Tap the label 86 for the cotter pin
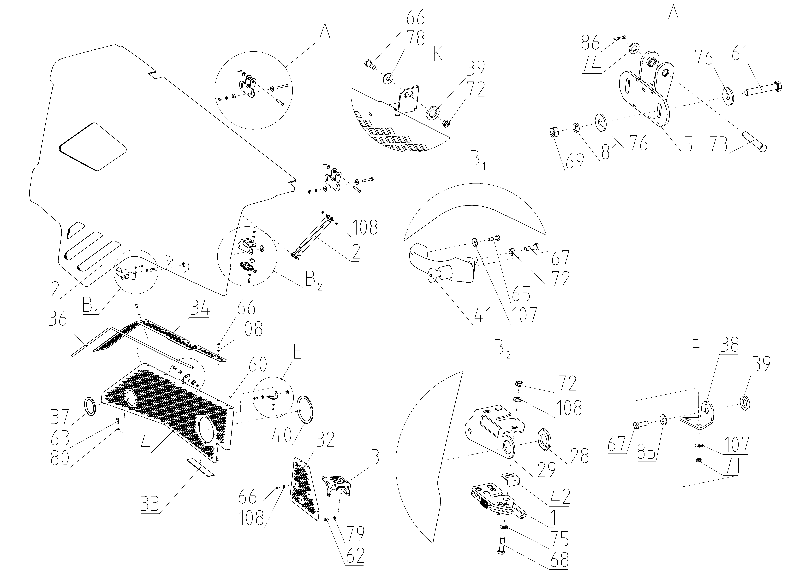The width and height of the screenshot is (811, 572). click(591, 43)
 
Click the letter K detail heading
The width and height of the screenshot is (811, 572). click(438, 55)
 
